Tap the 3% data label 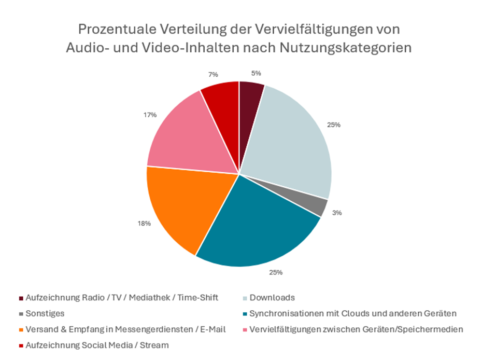pos(337,213)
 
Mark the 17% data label pos(151,115)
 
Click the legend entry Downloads pos(272,298)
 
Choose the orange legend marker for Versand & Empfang pos(21,329)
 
